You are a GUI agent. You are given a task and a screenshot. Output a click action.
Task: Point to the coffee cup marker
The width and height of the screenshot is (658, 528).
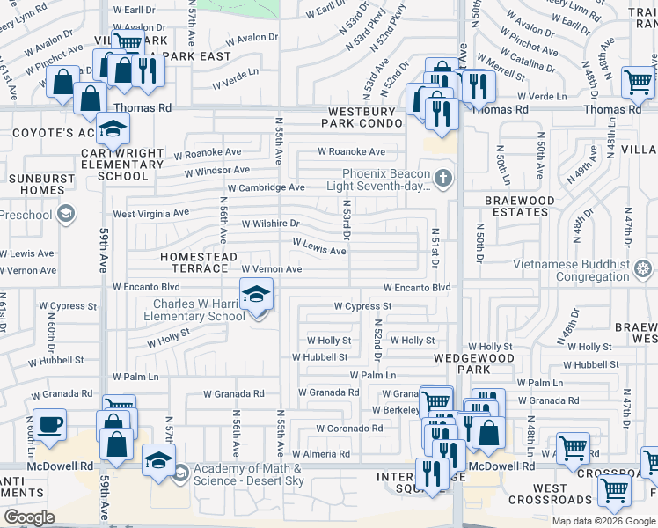coord(50,426)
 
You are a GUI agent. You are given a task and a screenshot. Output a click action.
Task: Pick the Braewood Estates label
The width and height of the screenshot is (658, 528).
coord(520,207)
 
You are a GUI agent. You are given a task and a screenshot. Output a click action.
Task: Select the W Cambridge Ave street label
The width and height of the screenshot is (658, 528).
coord(266,188)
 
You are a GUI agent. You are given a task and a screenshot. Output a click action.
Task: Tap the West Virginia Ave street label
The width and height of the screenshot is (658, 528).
coord(150,214)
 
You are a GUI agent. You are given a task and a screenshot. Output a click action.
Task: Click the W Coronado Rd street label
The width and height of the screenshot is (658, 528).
coord(353,429)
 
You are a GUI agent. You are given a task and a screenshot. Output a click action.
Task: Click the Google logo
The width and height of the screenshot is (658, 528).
coord(30,517)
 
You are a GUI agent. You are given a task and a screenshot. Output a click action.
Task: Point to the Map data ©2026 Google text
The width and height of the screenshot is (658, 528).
coord(603,521)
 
